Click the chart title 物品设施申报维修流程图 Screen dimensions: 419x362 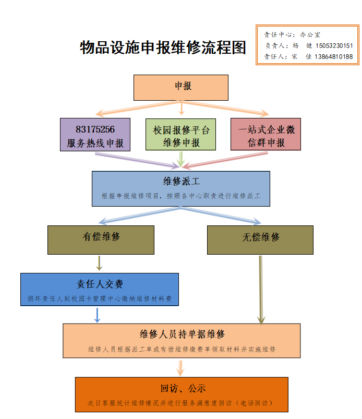coord(163,48)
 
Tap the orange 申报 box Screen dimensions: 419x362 coord(181,87)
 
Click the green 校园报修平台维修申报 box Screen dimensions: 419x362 coord(181,135)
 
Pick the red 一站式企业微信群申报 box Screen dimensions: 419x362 coord(266,135)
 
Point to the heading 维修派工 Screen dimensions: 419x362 coord(181,182)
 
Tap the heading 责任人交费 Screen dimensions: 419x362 coord(100,284)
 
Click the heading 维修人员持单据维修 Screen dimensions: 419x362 coord(182,333)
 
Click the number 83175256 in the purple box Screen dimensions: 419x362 coord(95,130)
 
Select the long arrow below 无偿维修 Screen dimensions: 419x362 coord(261,290)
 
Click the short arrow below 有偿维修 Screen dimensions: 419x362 coord(99,262)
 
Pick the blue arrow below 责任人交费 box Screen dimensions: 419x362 coord(97,315)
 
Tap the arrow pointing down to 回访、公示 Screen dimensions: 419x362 coord(181,368)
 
